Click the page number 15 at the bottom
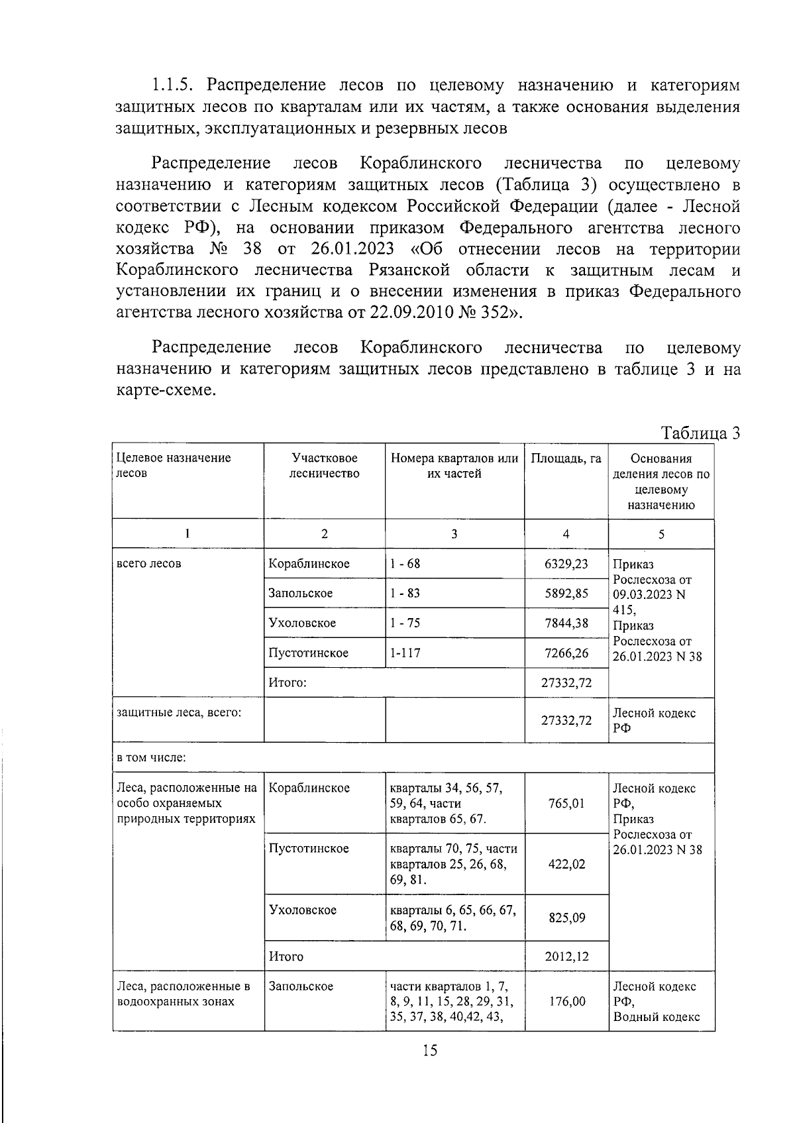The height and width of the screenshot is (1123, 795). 429,1050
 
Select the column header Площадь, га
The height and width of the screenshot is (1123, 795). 566,458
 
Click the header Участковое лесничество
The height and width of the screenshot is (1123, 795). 324,466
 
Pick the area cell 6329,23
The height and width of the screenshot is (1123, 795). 566,564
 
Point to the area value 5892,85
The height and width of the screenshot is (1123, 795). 566,593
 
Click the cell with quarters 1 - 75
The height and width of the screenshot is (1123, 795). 405,623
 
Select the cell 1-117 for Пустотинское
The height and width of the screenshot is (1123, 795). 405,653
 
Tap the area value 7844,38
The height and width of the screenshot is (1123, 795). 566,623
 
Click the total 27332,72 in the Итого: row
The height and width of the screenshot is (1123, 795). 566,682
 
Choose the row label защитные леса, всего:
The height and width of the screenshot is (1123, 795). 179,712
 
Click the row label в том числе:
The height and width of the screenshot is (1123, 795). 152,757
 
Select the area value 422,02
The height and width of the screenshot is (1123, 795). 566,864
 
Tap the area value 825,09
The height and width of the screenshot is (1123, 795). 566,918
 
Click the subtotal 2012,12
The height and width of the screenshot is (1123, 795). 566,956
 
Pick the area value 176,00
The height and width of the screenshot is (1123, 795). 566,1001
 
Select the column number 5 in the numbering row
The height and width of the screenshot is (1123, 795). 661,535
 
